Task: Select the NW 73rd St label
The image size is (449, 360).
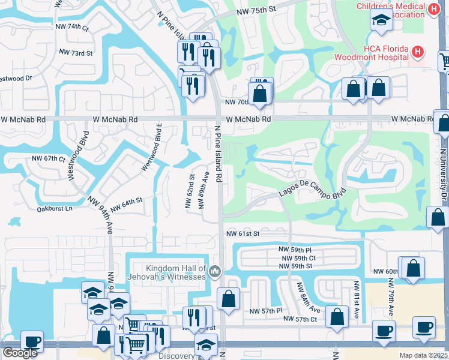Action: click(76, 53)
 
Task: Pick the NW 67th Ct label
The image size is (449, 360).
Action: click(48, 158)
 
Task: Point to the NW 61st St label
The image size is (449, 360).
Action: click(243, 233)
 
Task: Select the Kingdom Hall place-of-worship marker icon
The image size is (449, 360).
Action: click(214, 273)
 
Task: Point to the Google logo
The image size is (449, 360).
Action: click(20, 353)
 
